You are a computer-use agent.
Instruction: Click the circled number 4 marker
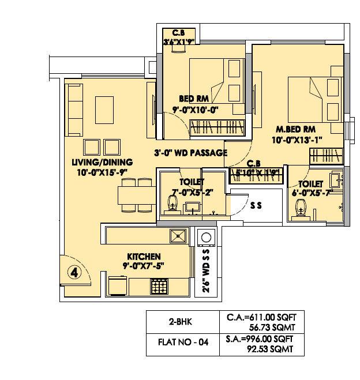tap(74, 272)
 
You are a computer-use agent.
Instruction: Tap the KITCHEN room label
tap(144, 256)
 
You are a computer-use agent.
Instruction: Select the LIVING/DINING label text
tap(102, 161)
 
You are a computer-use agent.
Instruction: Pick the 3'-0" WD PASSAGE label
tap(190, 153)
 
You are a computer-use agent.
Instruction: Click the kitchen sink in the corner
tap(178, 236)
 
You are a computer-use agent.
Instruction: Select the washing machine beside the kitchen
tap(205, 238)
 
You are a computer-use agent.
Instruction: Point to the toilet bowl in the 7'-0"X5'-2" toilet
tap(172, 205)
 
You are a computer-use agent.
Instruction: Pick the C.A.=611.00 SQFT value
tap(262, 318)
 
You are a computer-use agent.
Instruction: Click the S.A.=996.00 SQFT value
tap(262, 338)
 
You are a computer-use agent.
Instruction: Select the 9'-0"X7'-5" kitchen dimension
tap(144, 266)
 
